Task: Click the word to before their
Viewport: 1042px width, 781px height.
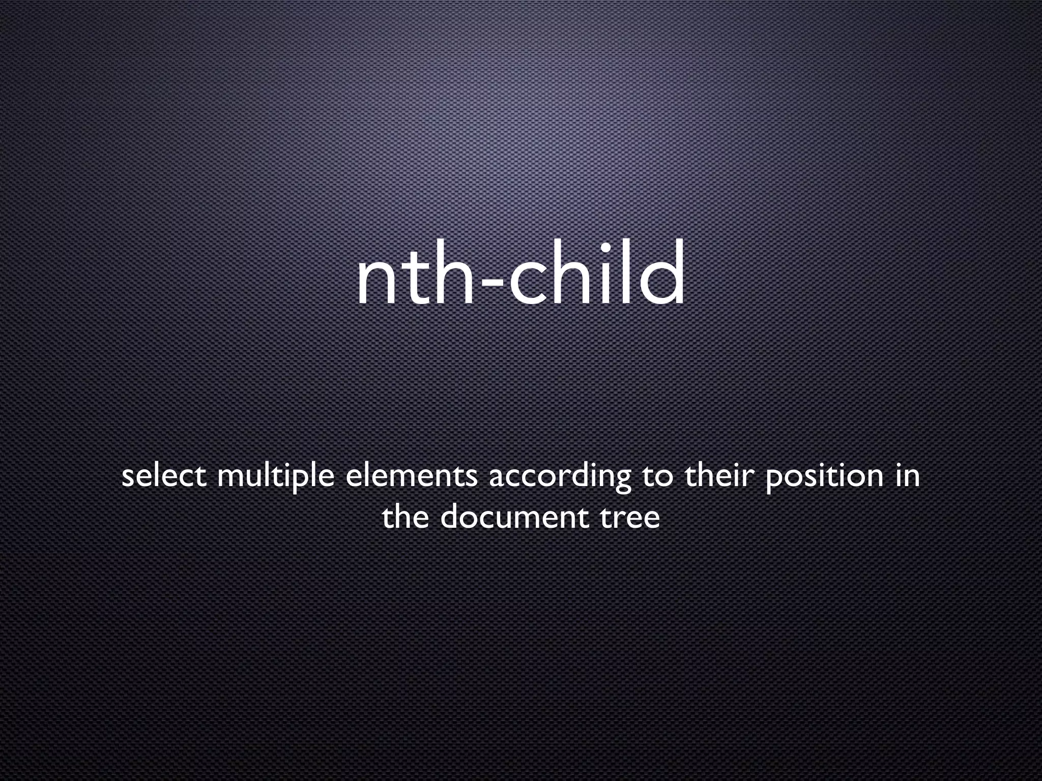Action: coord(657,477)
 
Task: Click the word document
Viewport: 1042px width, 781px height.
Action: coord(514,517)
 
